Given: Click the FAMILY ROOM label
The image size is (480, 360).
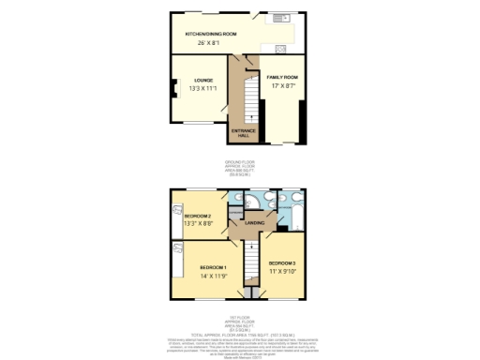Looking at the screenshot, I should tap(282, 77).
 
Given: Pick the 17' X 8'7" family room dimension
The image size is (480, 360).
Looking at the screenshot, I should tap(282, 86).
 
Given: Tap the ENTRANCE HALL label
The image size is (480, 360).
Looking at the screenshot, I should tap(243, 132).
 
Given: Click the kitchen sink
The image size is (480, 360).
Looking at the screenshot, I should tap(278, 19).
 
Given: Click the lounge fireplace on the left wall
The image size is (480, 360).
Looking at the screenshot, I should tap(173, 92).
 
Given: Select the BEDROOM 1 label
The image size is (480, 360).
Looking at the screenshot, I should tap(215, 267).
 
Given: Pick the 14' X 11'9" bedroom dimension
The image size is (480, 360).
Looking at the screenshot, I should tap(215, 277).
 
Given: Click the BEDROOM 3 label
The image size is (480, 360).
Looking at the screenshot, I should tap(283, 262).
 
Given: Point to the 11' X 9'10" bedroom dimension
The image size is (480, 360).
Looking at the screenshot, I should tap(283, 272).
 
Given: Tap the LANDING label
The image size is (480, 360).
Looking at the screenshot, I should tap(254, 222).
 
